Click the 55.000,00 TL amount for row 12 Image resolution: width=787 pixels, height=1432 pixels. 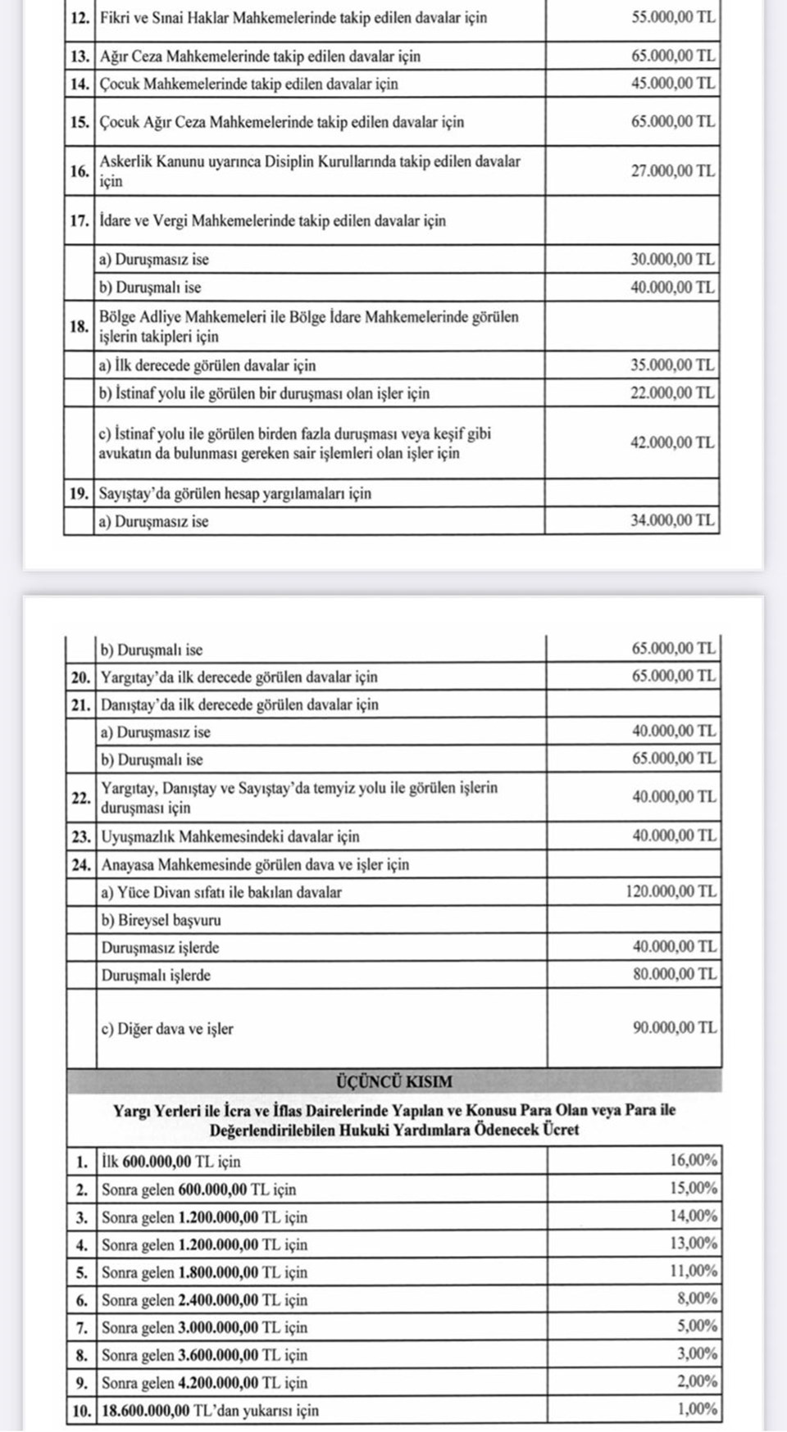point(672,17)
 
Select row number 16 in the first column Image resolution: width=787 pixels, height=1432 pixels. point(79,171)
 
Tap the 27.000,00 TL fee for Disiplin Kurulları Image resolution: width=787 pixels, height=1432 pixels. point(672,171)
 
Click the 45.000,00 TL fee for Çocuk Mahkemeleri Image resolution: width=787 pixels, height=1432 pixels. point(672,84)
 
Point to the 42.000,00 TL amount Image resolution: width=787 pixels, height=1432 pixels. point(672,442)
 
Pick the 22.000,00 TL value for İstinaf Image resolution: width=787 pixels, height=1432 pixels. point(672,392)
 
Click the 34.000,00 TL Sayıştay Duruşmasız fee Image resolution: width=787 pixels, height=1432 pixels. point(672,520)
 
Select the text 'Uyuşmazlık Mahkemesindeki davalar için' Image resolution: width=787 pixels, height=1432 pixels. point(230,836)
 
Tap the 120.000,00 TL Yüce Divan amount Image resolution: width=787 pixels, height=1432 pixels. point(671,891)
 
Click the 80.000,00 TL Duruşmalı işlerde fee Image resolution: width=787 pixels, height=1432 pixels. point(674,974)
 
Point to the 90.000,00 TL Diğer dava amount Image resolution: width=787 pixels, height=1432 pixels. point(674,1027)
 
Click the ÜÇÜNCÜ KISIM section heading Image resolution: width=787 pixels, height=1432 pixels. point(393,1081)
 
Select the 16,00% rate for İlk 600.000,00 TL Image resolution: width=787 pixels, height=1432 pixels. point(693,1160)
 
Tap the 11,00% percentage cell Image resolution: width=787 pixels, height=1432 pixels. point(693,1271)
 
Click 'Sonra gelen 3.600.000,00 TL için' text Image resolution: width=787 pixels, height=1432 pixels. point(204,1355)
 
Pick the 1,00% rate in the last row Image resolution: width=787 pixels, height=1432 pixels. point(696,1409)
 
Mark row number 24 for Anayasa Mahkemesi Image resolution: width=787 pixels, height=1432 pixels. point(80,864)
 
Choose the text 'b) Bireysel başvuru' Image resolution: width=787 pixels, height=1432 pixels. point(161,920)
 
